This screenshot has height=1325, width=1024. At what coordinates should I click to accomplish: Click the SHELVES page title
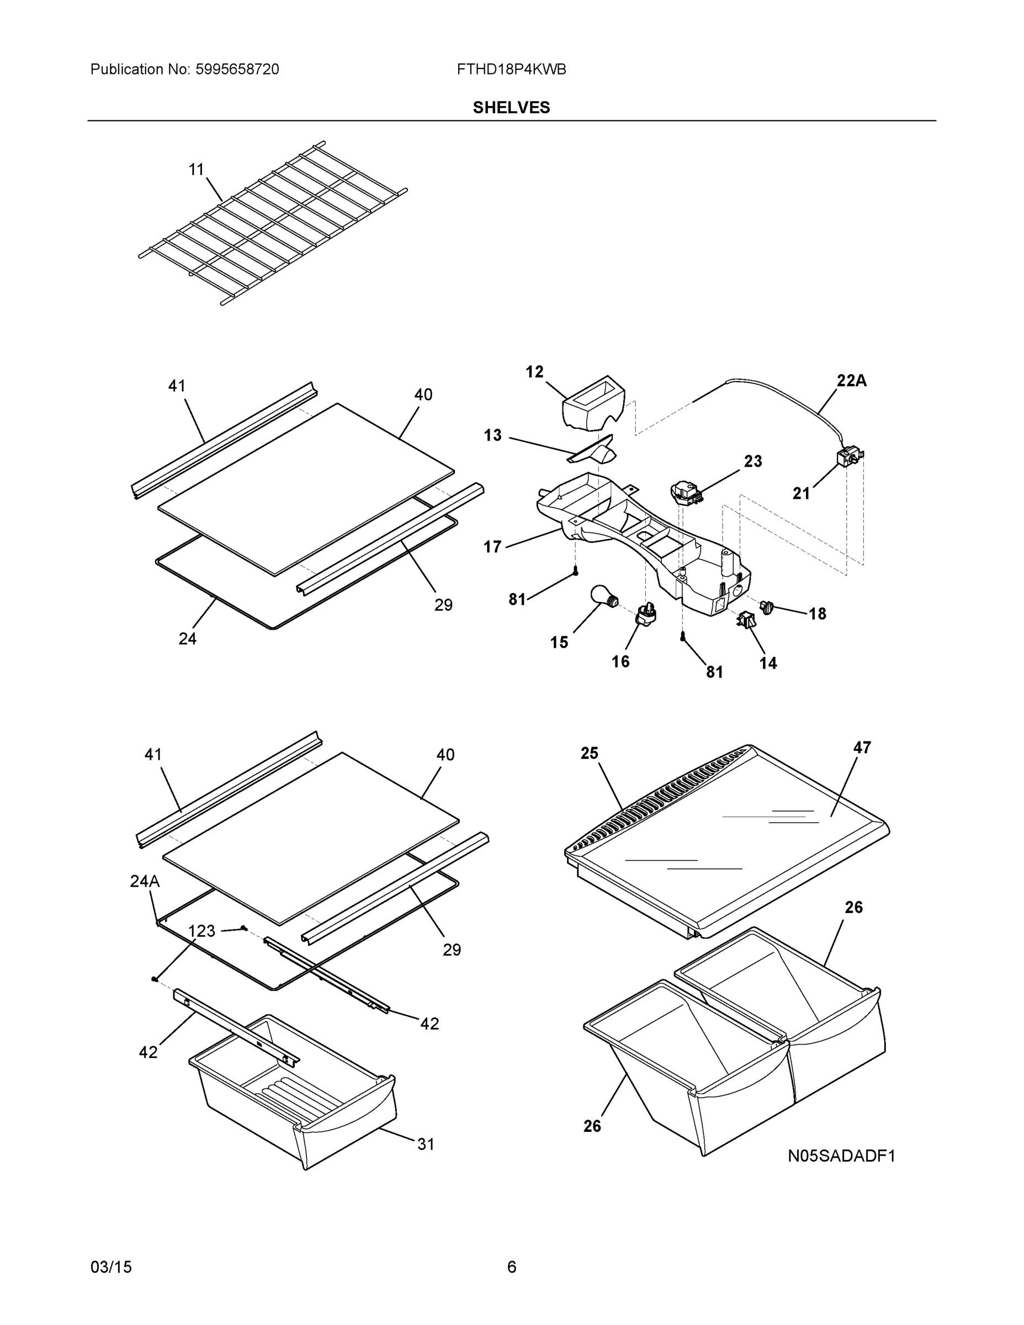pyautogui.click(x=511, y=108)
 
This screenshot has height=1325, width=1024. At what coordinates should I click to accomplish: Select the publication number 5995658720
pyautogui.click(x=237, y=70)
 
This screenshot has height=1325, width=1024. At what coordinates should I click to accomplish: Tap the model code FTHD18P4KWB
pyautogui.click(x=511, y=70)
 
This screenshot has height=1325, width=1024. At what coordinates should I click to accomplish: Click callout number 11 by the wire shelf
pyautogui.click(x=196, y=169)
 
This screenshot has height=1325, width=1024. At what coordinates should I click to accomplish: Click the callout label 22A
pyautogui.click(x=852, y=381)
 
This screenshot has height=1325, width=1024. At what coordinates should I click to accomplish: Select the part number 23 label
pyautogui.click(x=753, y=461)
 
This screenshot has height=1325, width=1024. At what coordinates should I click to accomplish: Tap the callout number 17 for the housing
pyautogui.click(x=492, y=547)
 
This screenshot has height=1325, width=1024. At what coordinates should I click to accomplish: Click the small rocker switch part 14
pyautogui.click(x=746, y=619)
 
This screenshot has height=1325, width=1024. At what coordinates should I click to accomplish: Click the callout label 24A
pyautogui.click(x=145, y=882)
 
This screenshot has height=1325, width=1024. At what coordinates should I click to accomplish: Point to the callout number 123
pyautogui.click(x=201, y=931)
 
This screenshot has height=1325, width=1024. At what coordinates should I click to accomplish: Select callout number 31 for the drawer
pyautogui.click(x=425, y=1144)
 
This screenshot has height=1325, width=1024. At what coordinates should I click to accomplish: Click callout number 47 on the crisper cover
pyautogui.click(x=862, y=748)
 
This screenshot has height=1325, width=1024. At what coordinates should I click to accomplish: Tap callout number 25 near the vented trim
pyautogui.click(x=589, y=753)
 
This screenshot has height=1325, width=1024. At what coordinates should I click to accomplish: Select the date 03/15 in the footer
pyautogui.click(x=111, y=1267)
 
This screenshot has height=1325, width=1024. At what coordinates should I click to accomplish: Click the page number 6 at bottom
pyautogui.click(x=511, y=1267)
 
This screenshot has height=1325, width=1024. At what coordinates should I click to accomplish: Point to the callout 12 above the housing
pyautogui.click(x=534, y=372)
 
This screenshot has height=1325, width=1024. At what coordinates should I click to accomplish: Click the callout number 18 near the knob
pyautogui.click(x=817, y=614)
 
